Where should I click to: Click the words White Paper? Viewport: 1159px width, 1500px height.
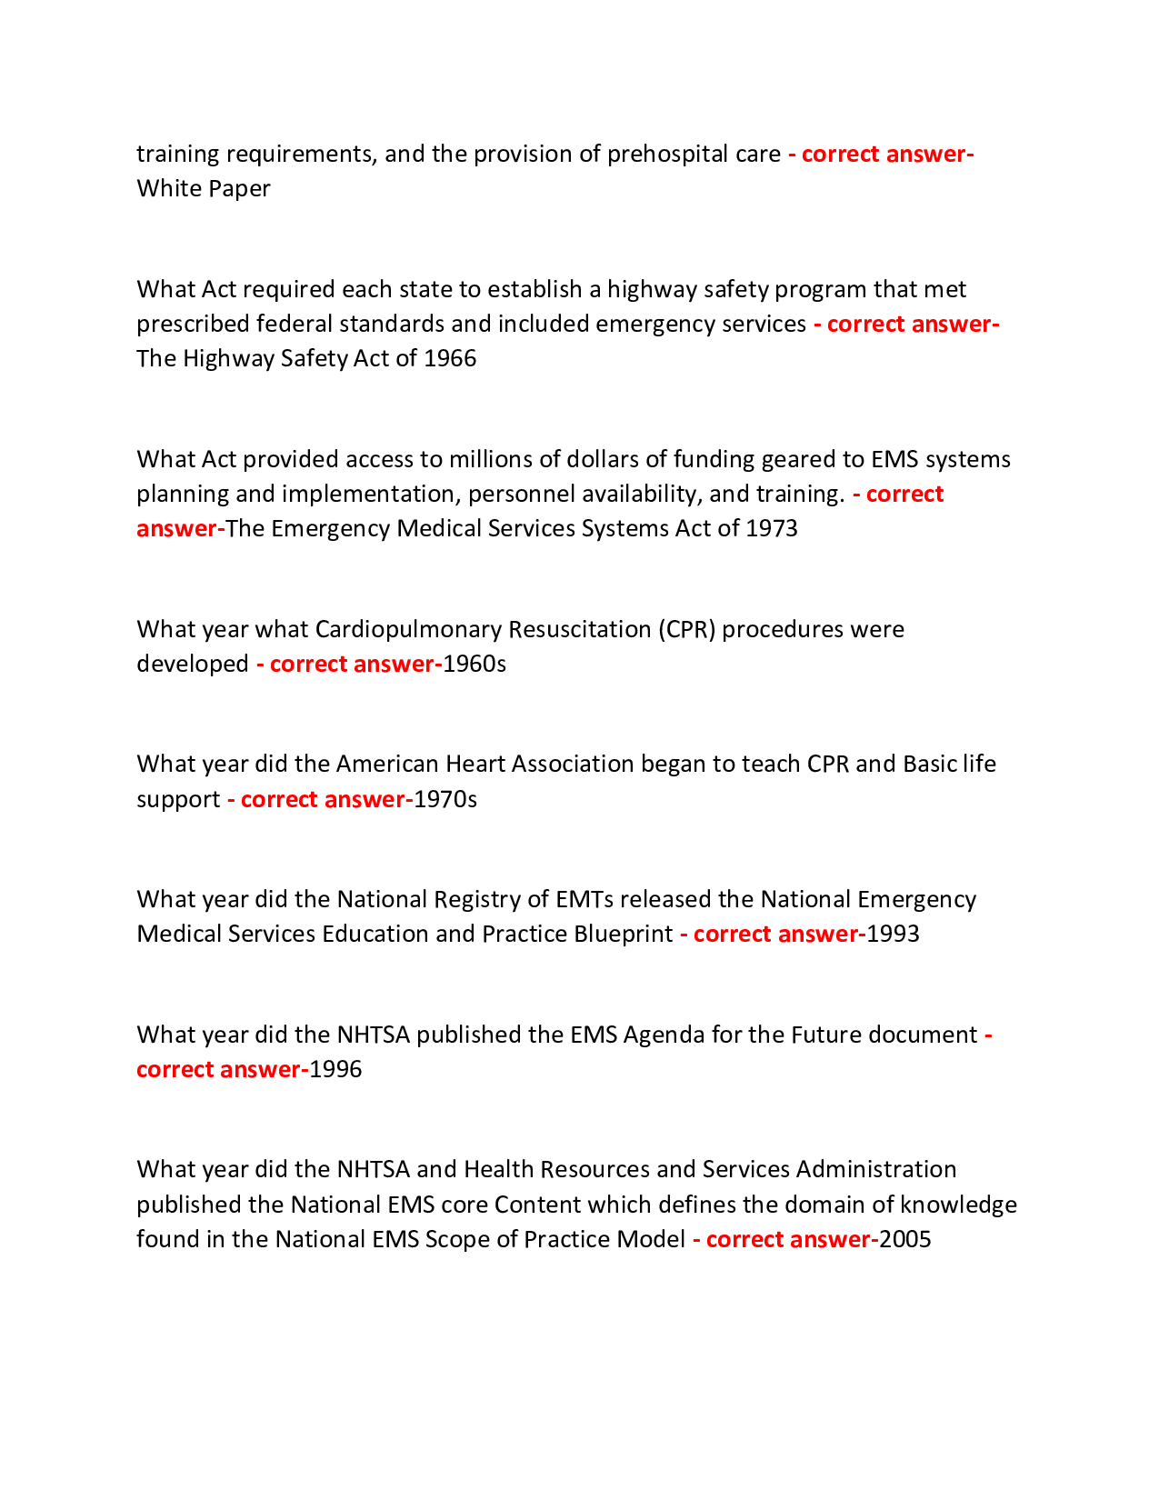point(204,189)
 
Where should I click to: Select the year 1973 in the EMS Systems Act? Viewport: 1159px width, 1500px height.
point(771,528)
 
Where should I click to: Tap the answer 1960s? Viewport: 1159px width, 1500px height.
point(475,665)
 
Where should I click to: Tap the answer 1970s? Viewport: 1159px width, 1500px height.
point(445,800)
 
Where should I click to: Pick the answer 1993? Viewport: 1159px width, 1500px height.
point(893,935)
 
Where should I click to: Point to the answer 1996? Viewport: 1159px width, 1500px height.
point(335,1070)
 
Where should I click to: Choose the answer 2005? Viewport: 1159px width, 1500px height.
point(905,1240)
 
